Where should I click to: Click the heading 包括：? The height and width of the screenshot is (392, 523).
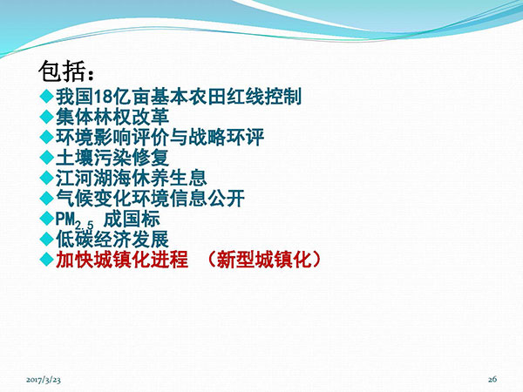[x=66, y=71]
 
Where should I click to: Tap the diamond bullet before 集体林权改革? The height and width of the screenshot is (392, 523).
[x=47, y=117]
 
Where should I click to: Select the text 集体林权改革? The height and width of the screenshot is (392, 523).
[x=112, y=117]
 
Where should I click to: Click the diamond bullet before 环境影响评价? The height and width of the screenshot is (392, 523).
[x=47, y=137]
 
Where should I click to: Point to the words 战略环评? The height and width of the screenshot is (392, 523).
[x=226, y=137]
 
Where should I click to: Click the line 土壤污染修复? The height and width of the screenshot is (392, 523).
[x=112, y=158]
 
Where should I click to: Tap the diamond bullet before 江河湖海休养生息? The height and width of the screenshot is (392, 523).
[x=47, y=178]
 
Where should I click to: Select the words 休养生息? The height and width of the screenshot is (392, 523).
[x=169, y=178]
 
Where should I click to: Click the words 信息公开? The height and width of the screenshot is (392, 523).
[x=207, y=199]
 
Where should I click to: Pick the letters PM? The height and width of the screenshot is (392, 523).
[x=65, y=219]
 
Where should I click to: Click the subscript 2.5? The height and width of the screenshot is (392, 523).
[x=84, y=226]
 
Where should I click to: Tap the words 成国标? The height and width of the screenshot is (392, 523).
[x=132, y=219]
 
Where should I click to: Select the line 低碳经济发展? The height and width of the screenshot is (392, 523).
[x=112, y=239]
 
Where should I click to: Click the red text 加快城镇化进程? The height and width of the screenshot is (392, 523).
[x=122, y=260]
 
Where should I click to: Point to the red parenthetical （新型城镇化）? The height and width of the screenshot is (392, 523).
[x=264, y=260]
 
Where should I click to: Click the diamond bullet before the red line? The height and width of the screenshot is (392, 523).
[x=47, y=260]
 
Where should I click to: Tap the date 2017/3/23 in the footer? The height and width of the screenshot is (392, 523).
[x=44, y=379]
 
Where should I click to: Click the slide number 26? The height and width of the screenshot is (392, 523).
[x=492, y=379]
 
